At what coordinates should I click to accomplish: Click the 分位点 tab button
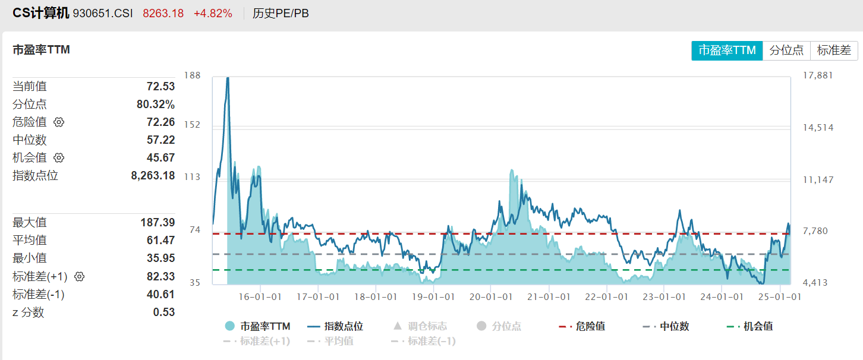[x=786, y=50]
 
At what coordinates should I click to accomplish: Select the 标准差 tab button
[x=834, y=50]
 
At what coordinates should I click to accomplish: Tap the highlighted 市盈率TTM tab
[x=727, y=50]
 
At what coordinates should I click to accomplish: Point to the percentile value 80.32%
[x=156, y=105]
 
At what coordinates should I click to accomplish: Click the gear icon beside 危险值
[x=59, y=122]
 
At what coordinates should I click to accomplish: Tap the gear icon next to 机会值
[x=59, y=158]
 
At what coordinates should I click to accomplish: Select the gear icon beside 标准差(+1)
[x=80, y=276]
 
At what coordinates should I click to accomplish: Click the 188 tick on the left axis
[x=193, y=75]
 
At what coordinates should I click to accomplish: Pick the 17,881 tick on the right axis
[x=818, y=75]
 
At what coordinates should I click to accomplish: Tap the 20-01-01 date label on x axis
[x=490, y=297]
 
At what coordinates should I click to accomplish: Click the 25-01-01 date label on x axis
[x=779, y=297]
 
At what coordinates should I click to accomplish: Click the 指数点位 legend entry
[x=336, y=326]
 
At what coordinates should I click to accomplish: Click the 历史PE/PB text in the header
[x=281, y=13]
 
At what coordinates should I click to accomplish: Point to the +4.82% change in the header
[x=213, y=13]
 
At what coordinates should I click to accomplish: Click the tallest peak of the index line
[x=228, y=78]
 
